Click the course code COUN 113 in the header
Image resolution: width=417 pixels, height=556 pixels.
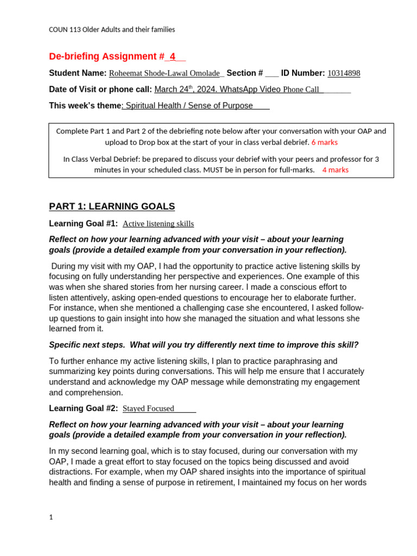[x=65, y=30]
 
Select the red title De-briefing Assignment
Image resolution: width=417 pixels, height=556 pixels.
[x=103, y=56]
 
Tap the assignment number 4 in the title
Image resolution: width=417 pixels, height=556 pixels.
[x=172, y=56]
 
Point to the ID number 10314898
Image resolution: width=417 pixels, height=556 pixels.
[x=344, y=73]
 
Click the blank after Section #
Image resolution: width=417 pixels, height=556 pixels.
[x=272, y=74]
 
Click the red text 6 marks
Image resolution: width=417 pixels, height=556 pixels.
[x=324, y=142]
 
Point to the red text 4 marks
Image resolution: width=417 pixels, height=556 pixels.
[x=335, y=169]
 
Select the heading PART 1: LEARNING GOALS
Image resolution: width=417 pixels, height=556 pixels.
[x=112, y=206]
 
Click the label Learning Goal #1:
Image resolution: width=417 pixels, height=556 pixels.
[x=83, y=223]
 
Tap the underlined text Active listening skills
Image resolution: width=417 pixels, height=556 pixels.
[x=158, y=224]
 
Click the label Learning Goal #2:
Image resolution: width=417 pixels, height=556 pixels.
[x=83, y=408]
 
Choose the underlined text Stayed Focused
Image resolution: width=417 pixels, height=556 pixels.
[x=148, y=408]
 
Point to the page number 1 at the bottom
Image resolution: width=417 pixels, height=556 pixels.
[x=51, y=517]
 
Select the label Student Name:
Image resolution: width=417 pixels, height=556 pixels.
[x=78, y=73]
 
